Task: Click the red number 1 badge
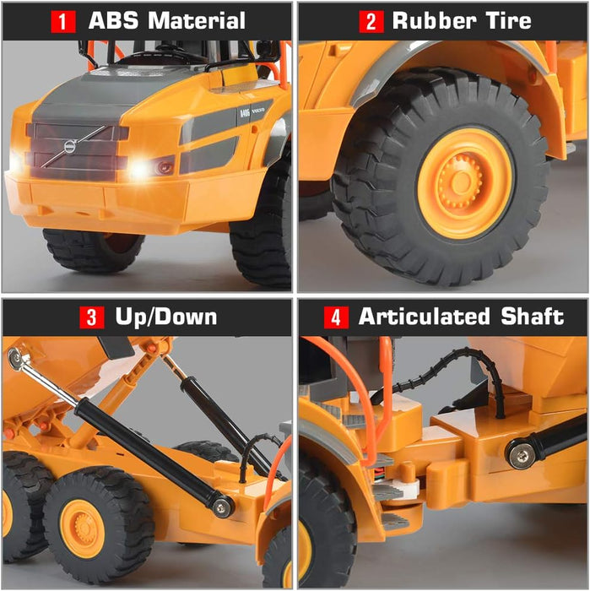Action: tap(62, 20)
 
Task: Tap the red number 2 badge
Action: tap(371, 20)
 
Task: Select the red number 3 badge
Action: tap(91, 317)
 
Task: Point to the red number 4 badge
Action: tap(335, 317)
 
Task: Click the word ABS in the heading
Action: tap(112, 20)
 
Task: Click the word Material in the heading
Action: tap(196, 20)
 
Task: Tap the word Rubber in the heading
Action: tap(432, 20)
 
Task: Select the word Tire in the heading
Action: tap(507, 20)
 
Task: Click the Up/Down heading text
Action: tap(165, 317)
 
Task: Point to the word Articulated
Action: tap(425, 317)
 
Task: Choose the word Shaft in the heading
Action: tap(532, 317)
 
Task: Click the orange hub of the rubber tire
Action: tap(464, 182)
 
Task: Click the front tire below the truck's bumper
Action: tap(93, 248)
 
